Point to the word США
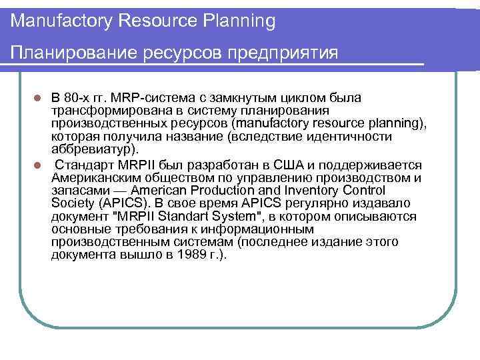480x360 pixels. click(x=307, y=165)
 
